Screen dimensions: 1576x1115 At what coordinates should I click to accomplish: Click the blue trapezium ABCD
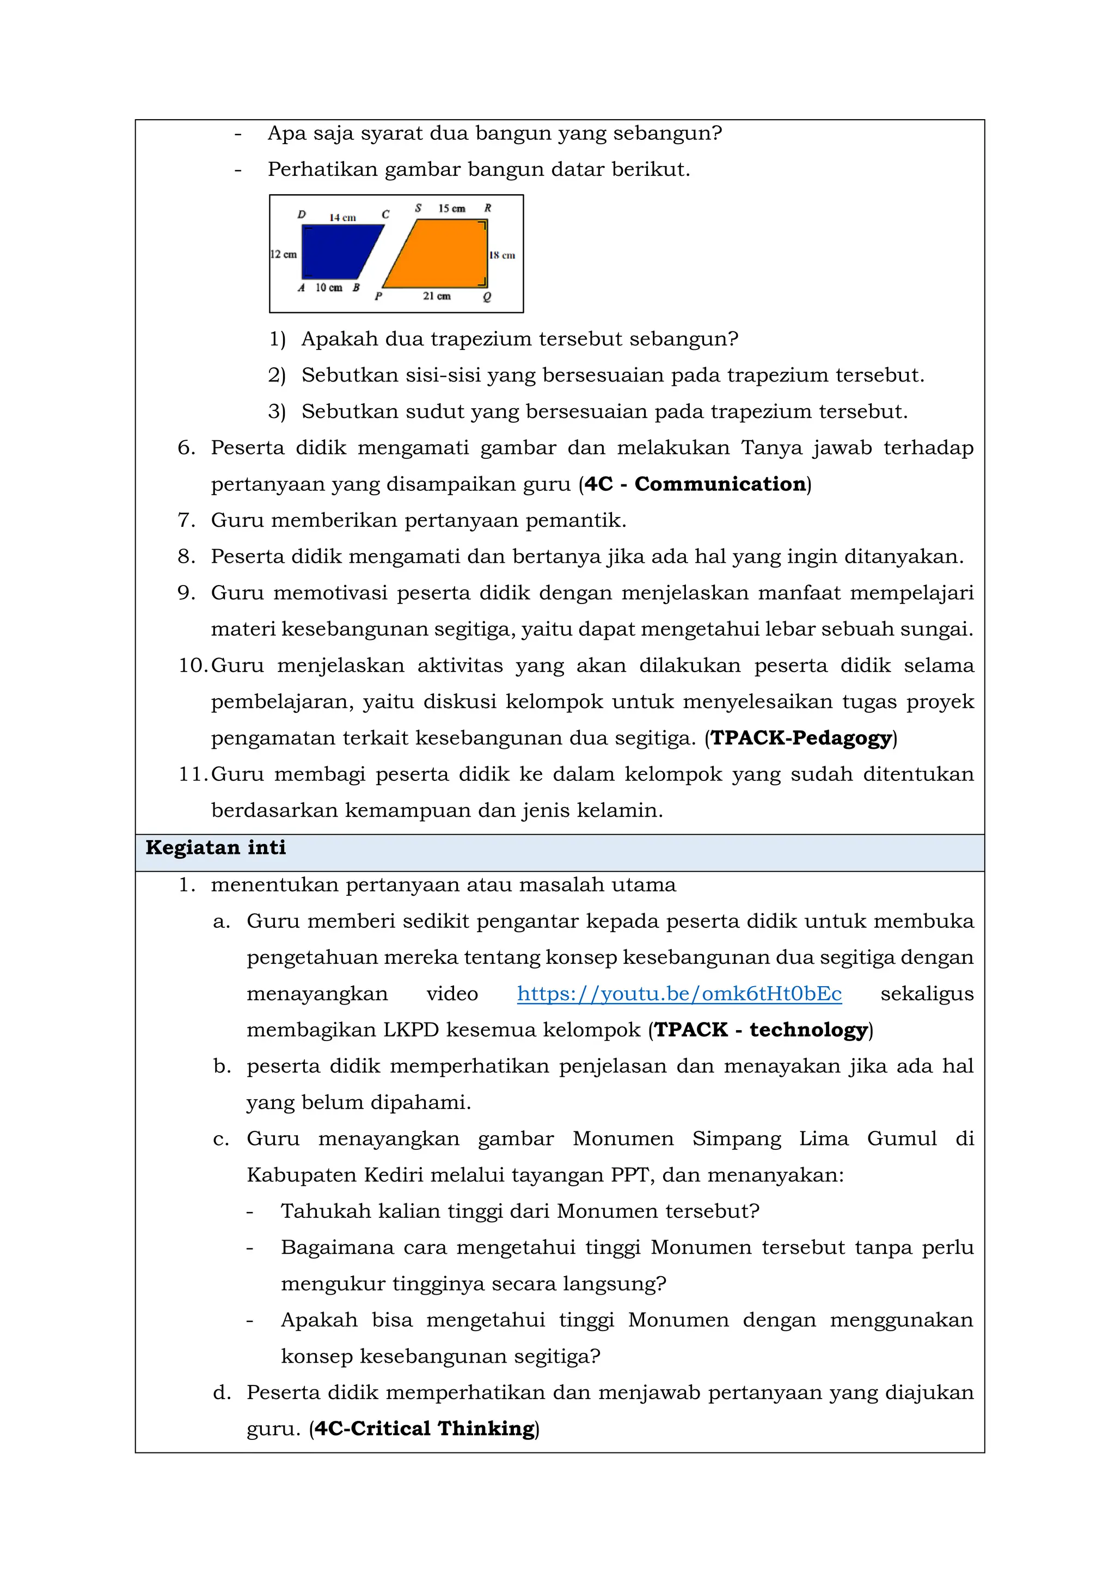coord(336,252)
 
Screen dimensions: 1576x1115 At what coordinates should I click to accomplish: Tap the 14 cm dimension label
coord(342,218)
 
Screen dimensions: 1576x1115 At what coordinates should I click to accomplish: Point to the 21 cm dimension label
coord(437,296)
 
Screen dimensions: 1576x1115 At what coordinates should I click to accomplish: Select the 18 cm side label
coord(502,255)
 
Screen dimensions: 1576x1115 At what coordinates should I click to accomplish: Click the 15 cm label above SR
coord(452,208)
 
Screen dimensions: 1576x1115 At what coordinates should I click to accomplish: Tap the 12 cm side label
coord(284,254)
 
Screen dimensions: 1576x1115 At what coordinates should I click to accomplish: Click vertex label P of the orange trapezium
coord(378,297)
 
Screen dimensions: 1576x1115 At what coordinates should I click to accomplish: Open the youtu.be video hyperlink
coord(679,994)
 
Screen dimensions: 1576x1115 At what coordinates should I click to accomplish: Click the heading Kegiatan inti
coord(216,848)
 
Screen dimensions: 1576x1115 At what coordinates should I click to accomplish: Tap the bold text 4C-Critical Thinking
coord(424,1429)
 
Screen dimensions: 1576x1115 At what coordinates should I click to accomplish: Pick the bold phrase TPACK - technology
coord(760,1030)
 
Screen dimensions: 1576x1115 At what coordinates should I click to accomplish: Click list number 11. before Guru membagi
coord(192,774)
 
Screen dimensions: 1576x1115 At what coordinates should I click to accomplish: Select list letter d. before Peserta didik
coord(222,1393)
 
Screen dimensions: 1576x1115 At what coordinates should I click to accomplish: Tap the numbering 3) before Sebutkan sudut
coord(277,412)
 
